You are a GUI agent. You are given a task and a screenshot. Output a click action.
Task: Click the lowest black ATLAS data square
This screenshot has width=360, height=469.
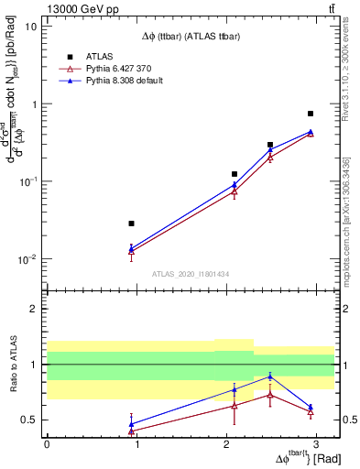pos(132,224)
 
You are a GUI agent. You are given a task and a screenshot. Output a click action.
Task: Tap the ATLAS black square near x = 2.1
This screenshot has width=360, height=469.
pos(235,174)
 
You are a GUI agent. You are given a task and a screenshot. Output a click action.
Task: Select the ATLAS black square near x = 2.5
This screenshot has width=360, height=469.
pos(270,145)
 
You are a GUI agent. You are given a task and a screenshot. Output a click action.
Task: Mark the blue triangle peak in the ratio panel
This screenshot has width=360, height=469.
pos(270,376)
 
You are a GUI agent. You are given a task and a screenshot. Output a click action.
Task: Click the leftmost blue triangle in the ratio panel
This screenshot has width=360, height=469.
pos(132,423)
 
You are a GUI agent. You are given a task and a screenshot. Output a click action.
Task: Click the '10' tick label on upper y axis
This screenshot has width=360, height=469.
pos(30,26)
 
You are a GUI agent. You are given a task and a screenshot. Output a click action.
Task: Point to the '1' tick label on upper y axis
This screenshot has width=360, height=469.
pos(34,104)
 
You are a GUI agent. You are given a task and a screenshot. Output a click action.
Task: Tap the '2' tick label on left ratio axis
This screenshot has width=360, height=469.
pos(34,309)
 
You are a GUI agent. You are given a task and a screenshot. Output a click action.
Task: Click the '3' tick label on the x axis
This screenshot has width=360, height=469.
pos(316,444)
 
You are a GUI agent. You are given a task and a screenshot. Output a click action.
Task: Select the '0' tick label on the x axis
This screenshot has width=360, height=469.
pos(47,444)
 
